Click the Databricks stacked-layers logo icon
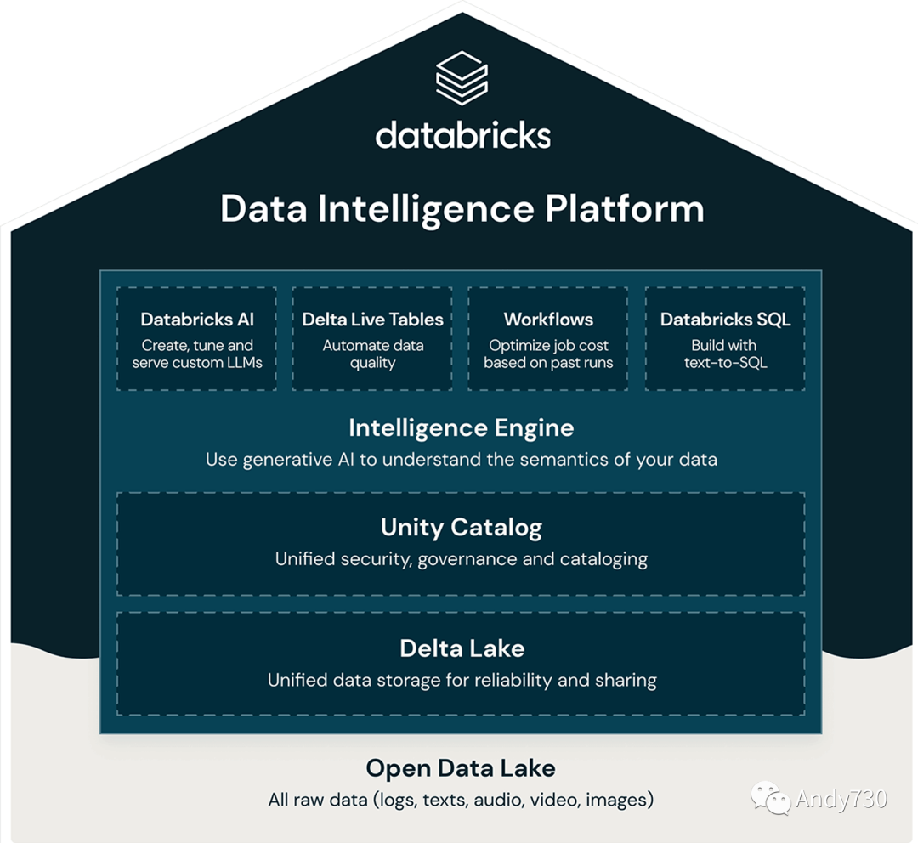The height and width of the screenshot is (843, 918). coord(462,77)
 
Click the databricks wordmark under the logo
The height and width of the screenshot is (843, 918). coord(462,135)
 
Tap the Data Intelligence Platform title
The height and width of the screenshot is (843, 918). coord(462,209)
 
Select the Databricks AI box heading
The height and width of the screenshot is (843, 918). coord(197,320)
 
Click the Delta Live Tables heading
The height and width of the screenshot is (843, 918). coord(373,320)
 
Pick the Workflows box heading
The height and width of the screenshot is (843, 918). coord(548,320)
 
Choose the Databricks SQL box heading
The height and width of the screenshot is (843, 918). coord(725,320)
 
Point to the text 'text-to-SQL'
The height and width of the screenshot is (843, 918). coord(725,363)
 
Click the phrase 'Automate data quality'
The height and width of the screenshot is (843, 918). coord(373,354)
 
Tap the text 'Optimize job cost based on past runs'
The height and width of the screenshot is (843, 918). coord(548,354)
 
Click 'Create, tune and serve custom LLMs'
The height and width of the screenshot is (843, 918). coord(197,354)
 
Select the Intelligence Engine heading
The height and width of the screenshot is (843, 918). coord(462,427)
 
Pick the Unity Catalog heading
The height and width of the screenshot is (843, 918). coord(462,528)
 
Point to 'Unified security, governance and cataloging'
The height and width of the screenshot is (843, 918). coord(462,559)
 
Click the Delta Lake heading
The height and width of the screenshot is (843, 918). coord(462,648)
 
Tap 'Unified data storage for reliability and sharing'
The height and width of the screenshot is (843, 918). coord(462,680)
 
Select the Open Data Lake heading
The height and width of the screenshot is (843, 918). coord(461,769)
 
